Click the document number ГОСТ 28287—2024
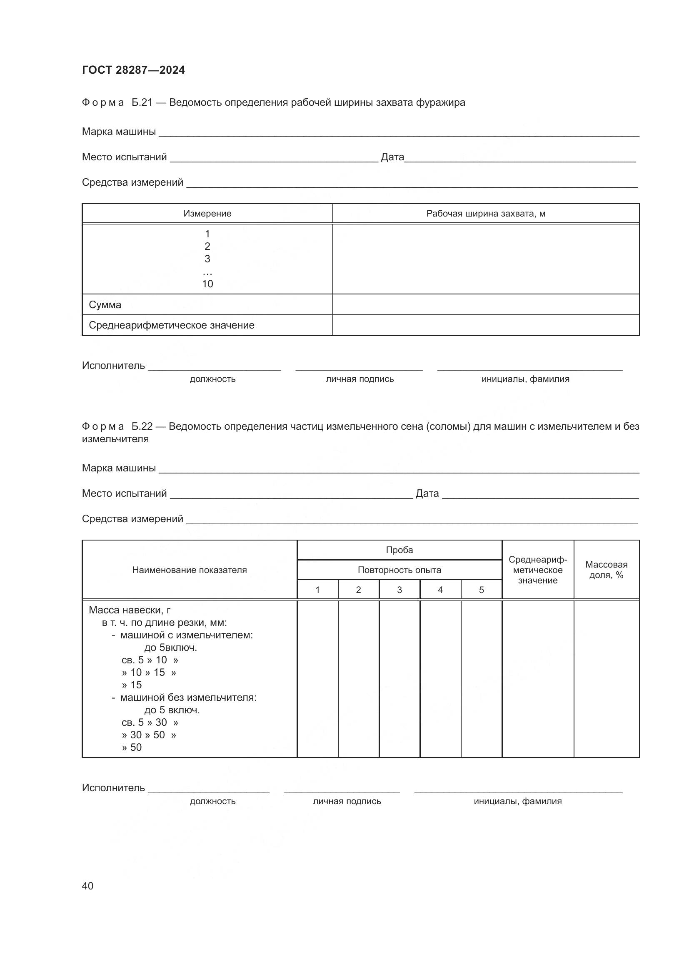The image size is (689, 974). point(133,70)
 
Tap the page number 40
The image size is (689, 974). point(87,886)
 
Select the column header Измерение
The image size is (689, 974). point(207,213)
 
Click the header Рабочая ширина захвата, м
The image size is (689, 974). point(485,213)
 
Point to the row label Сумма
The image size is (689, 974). point(105,304)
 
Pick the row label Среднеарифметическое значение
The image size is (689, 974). point(171,325)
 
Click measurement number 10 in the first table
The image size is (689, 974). point(207,284)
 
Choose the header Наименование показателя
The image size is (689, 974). point(189,570)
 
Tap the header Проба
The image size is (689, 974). point(399,550)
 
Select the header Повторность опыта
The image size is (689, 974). point(399,570)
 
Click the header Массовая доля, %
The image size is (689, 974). point(606,570)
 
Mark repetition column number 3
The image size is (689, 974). point(399,590)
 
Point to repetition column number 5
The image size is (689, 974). point(481,590)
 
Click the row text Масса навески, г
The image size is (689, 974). point(130,610)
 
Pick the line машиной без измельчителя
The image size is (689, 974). point(188,697)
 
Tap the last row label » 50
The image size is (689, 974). point(132,747)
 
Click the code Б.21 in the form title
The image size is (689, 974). point(142,103)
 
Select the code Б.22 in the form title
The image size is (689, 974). point(142,426)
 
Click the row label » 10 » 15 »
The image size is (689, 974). point(148,673)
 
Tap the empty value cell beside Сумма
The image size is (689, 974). point(485,304)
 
